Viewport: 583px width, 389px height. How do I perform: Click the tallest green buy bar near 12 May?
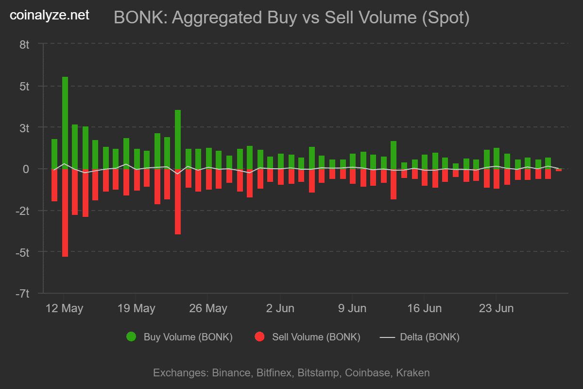coord(65,122)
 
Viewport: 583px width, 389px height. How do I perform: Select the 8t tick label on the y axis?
coord(25,45)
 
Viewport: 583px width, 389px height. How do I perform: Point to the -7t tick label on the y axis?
coord(23,294)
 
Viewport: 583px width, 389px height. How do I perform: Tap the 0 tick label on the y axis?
coord(27,169)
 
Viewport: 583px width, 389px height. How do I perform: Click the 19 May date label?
coord(137,308)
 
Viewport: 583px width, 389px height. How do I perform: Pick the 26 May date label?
coord(208,308)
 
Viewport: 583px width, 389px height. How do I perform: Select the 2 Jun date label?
coord(280,308)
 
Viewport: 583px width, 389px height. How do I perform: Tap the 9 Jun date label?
coord(352,308)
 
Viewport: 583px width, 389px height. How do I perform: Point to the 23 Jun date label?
coord(496,308)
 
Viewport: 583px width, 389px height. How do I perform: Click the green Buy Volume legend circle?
coord(131,337)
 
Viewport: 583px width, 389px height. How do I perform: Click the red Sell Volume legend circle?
coord(259,337)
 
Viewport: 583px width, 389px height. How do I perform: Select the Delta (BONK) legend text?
coord(429,337)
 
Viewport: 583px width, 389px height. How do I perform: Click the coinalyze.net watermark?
coord(50,15)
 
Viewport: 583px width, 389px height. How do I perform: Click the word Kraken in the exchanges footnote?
coord(413,373)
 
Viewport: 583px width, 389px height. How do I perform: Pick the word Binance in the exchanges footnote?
coord(231,373)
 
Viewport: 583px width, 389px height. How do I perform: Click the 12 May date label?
coord(65,308)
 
